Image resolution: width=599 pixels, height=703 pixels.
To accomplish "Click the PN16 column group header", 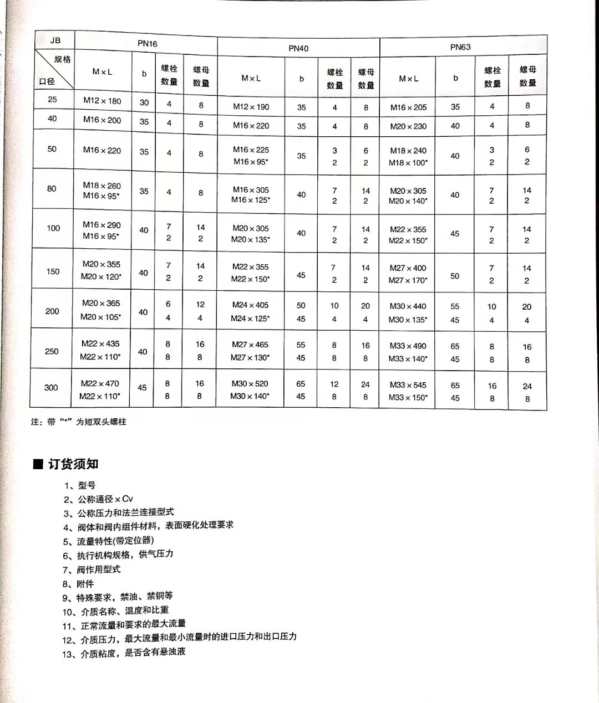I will tap(147, 43).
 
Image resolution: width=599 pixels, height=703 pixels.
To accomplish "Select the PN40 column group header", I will tap(298, 48).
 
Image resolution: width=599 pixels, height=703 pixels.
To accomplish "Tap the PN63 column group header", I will tap(460, 47).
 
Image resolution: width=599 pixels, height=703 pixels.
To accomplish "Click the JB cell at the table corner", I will tap(55, 40).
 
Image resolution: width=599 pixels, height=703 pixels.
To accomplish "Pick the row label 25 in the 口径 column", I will tap(52, 100).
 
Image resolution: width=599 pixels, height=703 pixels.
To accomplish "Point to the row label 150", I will tap(53, 271).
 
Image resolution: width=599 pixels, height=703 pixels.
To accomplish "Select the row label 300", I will tap(51, 387).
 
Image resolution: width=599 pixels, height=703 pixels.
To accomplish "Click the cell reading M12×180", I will tap(102, 101).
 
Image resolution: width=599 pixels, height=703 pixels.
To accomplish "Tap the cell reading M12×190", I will tap(251, 107).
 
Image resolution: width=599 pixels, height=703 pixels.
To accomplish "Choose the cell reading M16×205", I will tap(408, 107).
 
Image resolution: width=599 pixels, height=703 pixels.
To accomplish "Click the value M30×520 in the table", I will tap(250, 383).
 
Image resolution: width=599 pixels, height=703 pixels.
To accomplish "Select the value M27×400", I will tap(408, 268).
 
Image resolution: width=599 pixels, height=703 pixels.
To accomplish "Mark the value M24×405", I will tap(250, 305).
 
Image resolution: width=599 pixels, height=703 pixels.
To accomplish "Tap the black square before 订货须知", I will tap(38, 464).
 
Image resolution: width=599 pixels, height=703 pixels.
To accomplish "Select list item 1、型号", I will tap(80, 485).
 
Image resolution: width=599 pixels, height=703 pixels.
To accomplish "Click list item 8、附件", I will tap(78, 583).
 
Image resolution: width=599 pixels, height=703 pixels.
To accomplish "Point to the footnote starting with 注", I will tap(79, 422).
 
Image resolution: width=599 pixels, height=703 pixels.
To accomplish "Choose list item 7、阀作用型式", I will tap(92, 569).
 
